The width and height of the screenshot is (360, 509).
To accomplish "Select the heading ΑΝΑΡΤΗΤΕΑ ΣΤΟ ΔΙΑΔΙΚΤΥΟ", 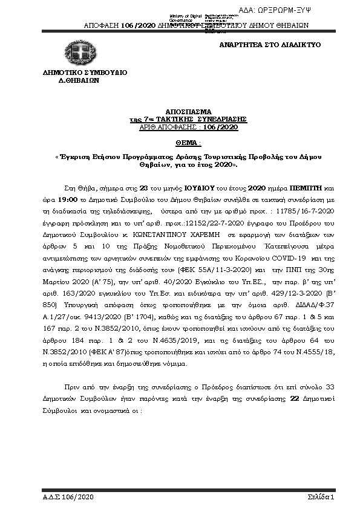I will point(270,45).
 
